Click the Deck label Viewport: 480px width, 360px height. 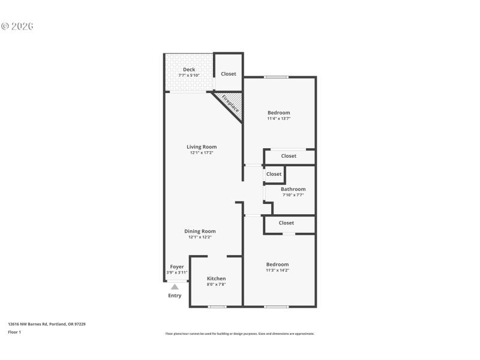tap(189, 70)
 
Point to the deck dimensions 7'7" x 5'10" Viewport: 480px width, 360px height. tap(189, 76)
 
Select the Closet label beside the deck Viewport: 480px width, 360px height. tap(229, 74)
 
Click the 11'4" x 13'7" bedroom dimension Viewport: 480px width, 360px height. tap(278, 119)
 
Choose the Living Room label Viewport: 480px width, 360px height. tap(202, 146)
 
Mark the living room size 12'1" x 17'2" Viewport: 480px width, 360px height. tap(202, 153)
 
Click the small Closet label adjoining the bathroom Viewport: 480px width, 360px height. tap(274, 174)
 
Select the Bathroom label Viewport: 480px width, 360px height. tap(293, 189)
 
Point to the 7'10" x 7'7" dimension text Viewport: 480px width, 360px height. tap(293, 195)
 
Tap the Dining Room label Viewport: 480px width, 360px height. tap(200, 231)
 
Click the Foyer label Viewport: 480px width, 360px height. tap(177, 266)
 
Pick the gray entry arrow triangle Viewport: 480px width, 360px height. tap(175, 287)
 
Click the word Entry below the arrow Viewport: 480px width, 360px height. tap(175, 295)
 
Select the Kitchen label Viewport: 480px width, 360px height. tap(217, 278)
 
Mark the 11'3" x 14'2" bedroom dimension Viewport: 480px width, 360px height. tap(278, 271)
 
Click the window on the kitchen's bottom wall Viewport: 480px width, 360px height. tap(217, 307)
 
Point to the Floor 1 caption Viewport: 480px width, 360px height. tap(14, 332)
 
